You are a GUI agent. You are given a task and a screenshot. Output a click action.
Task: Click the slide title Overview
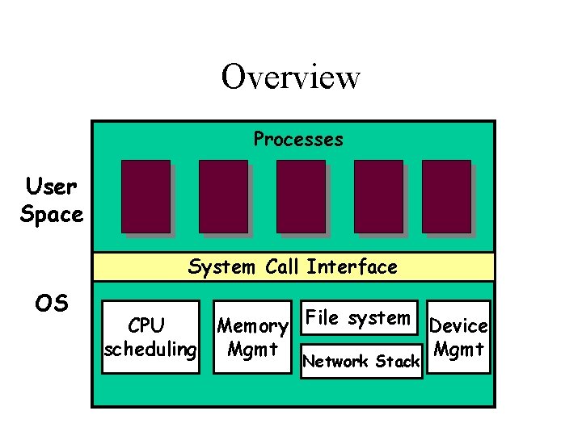coord(290,78)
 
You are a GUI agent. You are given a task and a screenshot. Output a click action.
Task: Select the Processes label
coord(298,140)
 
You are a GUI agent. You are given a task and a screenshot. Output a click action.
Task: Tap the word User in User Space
coord(51,187)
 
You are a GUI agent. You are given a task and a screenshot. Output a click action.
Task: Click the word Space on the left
coord(52,215)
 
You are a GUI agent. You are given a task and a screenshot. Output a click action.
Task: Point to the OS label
coord(52,303)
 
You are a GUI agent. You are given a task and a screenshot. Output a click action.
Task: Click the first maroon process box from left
coord(145,196)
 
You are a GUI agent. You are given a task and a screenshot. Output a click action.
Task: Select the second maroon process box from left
coord(223,196)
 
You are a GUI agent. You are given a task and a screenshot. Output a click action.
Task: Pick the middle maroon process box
coord(301,196)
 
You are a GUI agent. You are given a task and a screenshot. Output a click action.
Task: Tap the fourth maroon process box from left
coord(378,196)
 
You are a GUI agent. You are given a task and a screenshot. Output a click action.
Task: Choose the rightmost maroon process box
coord(446,196)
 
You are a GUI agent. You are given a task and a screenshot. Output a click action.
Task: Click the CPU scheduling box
coord(150,337)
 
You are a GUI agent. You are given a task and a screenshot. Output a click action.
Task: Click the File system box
coord(357,318)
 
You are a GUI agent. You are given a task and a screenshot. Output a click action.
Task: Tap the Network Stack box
coord(361,361)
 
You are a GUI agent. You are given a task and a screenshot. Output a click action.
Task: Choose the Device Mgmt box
coord(458,337)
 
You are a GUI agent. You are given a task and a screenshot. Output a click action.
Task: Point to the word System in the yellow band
coord(221,266)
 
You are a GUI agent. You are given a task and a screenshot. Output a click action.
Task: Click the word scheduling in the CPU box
coord(150,349)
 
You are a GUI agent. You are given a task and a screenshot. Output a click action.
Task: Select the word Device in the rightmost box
coord(458,326)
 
